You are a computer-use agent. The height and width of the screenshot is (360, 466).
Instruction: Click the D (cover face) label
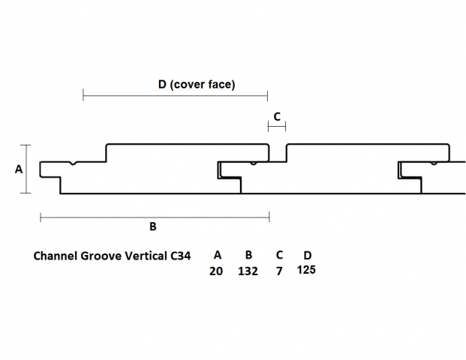pyautogui.click(x=197, y=85)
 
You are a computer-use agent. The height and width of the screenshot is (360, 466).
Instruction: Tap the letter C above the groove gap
pyautogui.click(x=277, y=116)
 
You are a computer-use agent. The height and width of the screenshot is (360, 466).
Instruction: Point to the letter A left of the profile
pyautogui.click(x=19, y=169)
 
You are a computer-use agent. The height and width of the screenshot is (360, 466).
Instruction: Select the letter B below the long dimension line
pyautogui.click(x=153, y=226)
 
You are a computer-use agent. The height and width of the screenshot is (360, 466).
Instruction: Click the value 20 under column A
pyautogui.click(x=216, y=271)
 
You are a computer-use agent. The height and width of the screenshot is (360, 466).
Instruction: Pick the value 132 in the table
pyautogui.click(x=248, y=271)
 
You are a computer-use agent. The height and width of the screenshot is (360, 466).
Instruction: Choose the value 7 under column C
pyautogui.click(x=279, y=271)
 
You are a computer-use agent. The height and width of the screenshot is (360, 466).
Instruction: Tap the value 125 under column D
pyautogui.click(x=306, y=270)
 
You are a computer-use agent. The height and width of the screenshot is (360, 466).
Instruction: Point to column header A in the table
pyautogui.click(x=218, y=255)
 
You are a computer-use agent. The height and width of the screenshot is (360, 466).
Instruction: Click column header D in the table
pyautogui.click(x=307, y=255)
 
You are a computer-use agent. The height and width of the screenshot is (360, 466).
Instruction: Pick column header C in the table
pyautogui.click(x=279, y=255)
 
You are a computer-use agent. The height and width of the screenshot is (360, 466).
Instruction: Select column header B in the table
pyautogui.click(x=248, y=255)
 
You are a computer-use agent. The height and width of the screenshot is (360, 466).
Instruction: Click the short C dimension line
pyautogui.click(x=277, y=127)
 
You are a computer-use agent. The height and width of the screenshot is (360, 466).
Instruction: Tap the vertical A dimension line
pyautogui.click(x=29, y=169)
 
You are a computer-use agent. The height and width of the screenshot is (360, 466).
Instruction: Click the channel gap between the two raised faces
pyautogui.click(x=278, y=154)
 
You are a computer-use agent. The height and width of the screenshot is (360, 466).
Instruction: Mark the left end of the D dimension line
pyautogui.click(x=83, y=96)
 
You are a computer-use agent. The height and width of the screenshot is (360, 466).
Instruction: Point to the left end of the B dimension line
pyautogui.click(x=40, y=217)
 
